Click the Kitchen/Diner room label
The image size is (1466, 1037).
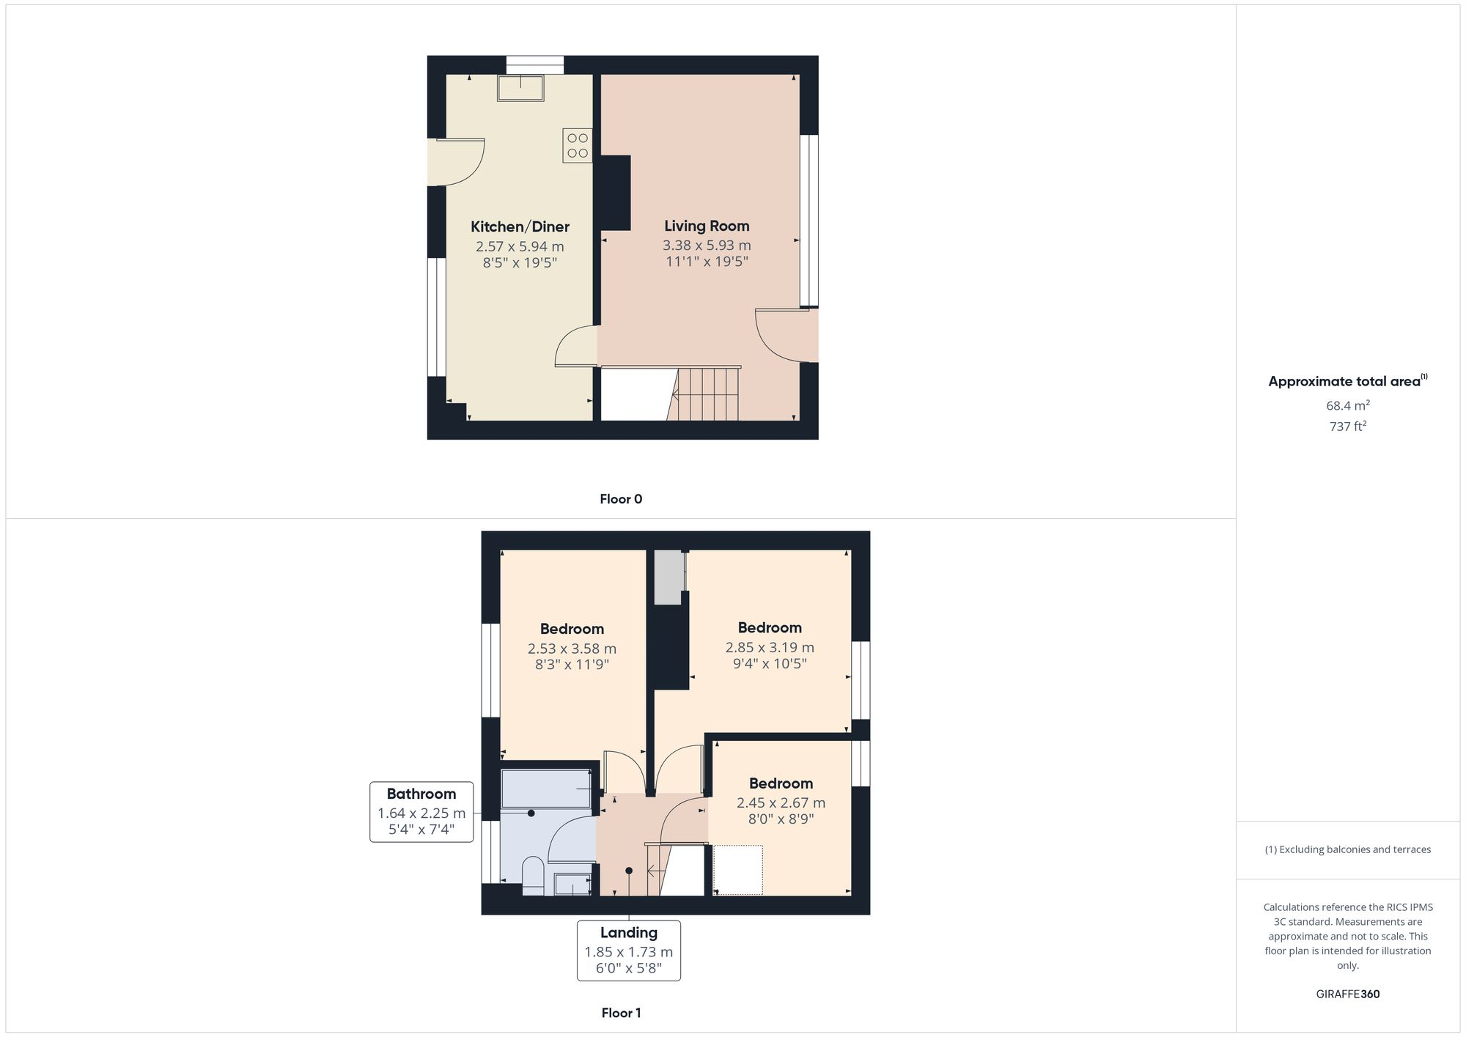pos(520,227)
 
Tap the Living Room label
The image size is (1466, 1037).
pos(707,226)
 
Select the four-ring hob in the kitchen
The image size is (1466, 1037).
pos(578,145)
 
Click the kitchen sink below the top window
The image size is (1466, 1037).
pos(520,88)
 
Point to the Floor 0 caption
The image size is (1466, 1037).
pos(621,499)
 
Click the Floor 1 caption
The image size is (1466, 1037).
pos(621,1013)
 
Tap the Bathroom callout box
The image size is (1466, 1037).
pos(421,811)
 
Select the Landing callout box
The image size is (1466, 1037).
pos(628,951)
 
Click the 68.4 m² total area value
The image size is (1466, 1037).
pos(1347,405)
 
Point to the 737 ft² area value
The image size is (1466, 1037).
pos(1347,426)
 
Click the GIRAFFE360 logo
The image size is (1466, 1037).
pos(1347,994)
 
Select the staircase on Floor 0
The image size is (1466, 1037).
pos(705,394)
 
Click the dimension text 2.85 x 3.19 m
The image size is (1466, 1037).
pos(770,647)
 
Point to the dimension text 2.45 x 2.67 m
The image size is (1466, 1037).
pos(781,802)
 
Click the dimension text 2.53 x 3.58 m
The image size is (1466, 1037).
pos(572,649)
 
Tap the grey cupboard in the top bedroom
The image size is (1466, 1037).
pos(668,577)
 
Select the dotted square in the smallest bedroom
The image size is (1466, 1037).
pos(738,870)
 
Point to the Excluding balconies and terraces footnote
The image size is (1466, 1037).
pos(1347,849)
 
